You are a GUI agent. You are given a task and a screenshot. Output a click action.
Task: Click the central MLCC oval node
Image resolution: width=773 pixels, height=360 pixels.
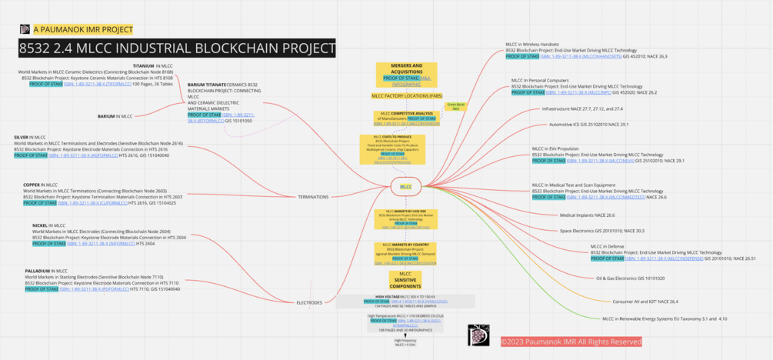click(x=406, y=186)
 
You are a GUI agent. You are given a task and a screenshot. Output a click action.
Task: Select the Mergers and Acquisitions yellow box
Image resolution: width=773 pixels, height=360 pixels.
click(x=406, y=75)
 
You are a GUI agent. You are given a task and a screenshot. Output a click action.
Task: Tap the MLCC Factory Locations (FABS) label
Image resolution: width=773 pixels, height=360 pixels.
click(x=406, y=96)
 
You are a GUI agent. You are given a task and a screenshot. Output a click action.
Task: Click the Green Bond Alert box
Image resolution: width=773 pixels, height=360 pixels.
click(x=455, y=106)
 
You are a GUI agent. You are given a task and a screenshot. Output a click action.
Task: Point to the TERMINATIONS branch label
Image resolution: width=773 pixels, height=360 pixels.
click(x=313, y=197)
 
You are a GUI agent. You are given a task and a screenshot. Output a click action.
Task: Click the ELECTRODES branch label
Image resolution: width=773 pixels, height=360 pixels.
click(x=309, y=302)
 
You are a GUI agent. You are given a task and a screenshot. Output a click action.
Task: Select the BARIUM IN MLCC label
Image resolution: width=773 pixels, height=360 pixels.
click(x=115, y=116)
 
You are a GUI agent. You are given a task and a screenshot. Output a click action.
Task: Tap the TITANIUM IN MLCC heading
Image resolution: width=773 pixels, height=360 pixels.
click(x=153, y=66)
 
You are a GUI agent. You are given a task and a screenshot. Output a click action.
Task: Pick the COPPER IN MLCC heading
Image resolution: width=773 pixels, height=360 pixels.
click(x=40, y=185)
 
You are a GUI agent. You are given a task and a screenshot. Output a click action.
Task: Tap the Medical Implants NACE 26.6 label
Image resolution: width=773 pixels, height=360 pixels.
click(x=587, y=215)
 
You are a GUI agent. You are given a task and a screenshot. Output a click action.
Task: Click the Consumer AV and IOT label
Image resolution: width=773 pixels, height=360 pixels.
click(x=645, y=302)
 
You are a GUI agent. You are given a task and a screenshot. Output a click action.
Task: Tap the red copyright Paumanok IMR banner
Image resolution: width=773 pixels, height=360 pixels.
click(x=571, y=342)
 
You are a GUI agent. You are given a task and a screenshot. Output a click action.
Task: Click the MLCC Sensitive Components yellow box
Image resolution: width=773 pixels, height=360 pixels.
click(x=405, y=279)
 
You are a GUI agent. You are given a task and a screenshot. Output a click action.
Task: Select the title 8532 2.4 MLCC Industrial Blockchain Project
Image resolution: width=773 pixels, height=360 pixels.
click(x=177, y=49)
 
